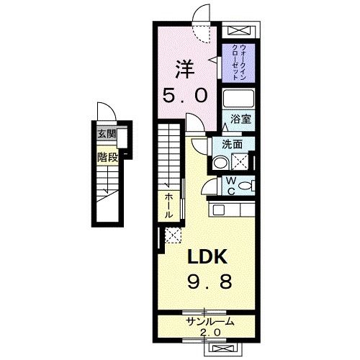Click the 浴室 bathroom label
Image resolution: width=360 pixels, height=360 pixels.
240,120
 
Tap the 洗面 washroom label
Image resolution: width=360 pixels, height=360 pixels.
230,143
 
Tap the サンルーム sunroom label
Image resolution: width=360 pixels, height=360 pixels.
209,321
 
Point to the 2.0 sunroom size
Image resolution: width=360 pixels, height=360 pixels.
210,333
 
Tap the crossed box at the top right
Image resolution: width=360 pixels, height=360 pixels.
238,30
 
